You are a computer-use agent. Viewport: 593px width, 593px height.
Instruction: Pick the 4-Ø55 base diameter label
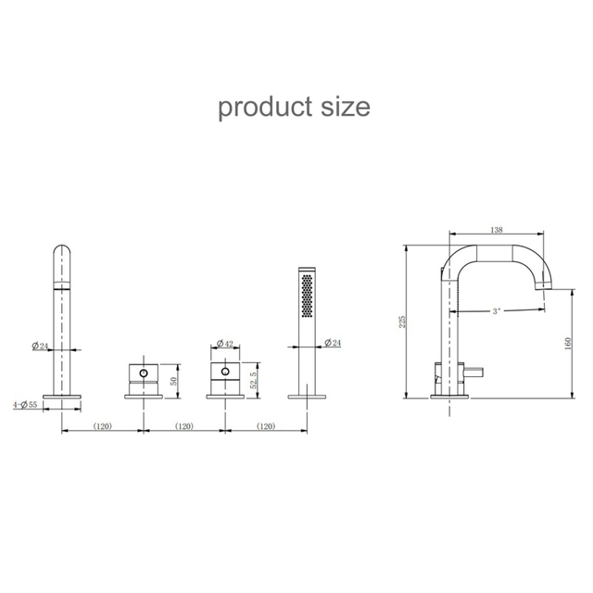(x=25, y=404)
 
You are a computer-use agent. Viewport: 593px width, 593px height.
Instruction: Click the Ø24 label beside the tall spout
(x=40, y=347)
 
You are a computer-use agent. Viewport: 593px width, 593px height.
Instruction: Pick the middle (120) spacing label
(x=183, y=427)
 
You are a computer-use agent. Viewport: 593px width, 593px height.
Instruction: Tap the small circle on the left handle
(x=142, y=374)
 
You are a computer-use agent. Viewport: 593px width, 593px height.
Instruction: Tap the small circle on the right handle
(x=222, y=374)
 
